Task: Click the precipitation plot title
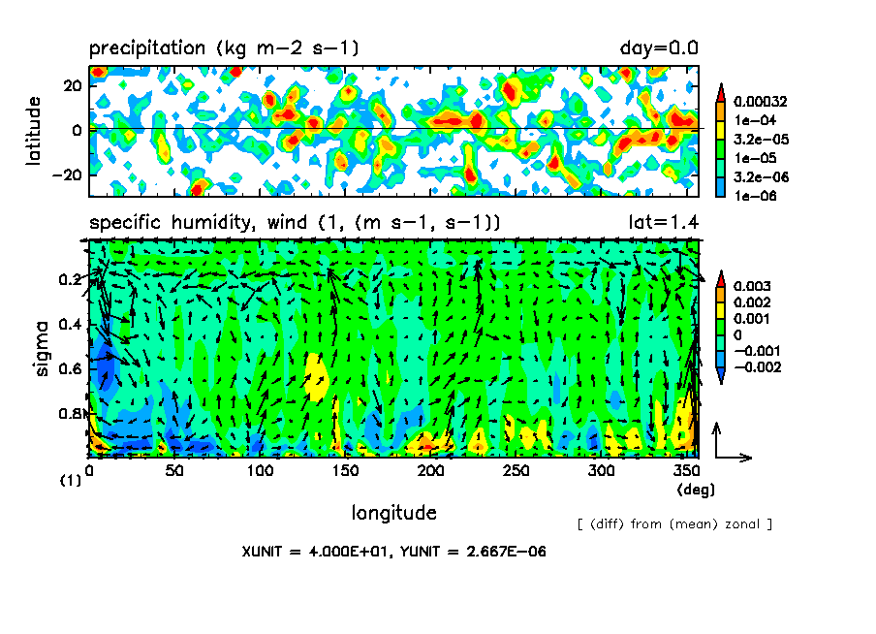coord(225,48)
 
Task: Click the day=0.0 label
coord(659,48)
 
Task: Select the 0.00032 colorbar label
coord(760,101)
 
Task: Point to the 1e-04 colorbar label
coord(752,119)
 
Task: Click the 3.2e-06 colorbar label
coord(756,175)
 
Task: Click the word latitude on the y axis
coord(35,129)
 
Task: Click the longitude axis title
coord(393,512)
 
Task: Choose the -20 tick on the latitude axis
coord(65,174)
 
